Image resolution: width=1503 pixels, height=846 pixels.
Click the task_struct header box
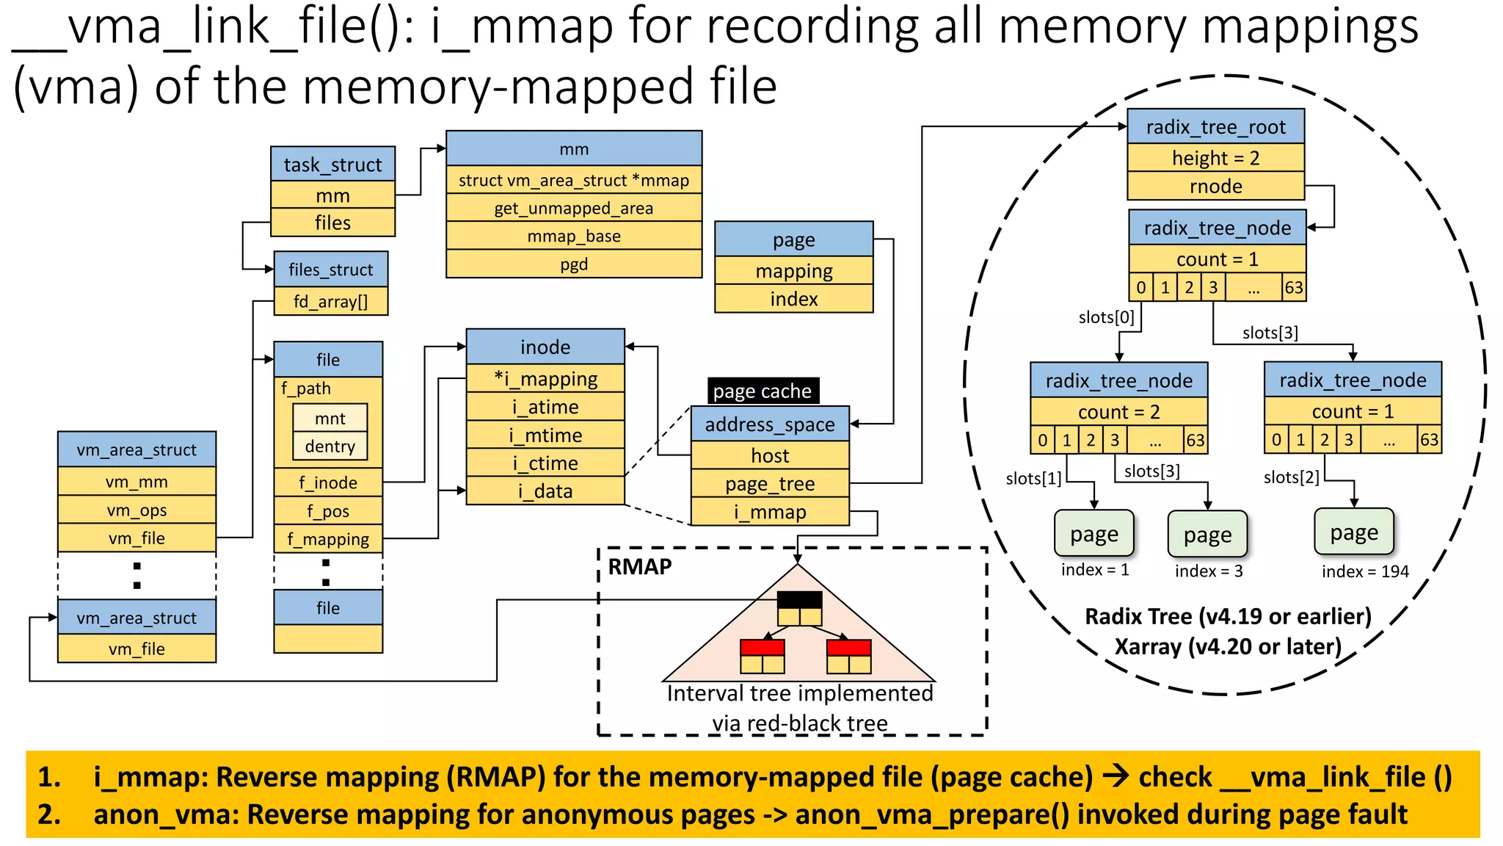coord(332,164)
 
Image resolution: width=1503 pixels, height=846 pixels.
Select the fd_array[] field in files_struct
coord(330,301)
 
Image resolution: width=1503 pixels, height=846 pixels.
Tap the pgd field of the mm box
coord(574,264)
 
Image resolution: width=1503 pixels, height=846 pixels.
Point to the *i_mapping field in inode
coord(545,379)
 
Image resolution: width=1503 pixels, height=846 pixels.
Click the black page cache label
coord(763,391)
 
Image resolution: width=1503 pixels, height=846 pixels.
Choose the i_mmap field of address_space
coord(770,512)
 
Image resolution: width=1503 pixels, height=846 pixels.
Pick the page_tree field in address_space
coord(770,484)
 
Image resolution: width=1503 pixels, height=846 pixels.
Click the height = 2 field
coord(1215,158)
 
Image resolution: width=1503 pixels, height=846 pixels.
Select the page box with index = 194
coord(1354,532)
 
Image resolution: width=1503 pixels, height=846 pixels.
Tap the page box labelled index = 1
coord(1093,534)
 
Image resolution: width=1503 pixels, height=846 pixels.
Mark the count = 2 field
coord(1118,412)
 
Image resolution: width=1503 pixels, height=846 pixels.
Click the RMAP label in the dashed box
coord(640,567)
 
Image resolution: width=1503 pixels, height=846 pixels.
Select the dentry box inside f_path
coord(330,446)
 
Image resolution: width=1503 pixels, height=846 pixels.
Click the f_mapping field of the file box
coord(328,539)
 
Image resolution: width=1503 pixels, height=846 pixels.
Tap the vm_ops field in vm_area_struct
coord(137,510)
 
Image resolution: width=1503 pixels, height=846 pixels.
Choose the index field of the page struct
coord(793,299)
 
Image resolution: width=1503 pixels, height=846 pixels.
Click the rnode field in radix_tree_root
coord(1215,187)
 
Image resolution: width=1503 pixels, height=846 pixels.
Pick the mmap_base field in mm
coord(574,236)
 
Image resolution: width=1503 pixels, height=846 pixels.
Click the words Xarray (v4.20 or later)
coord(1228,647)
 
